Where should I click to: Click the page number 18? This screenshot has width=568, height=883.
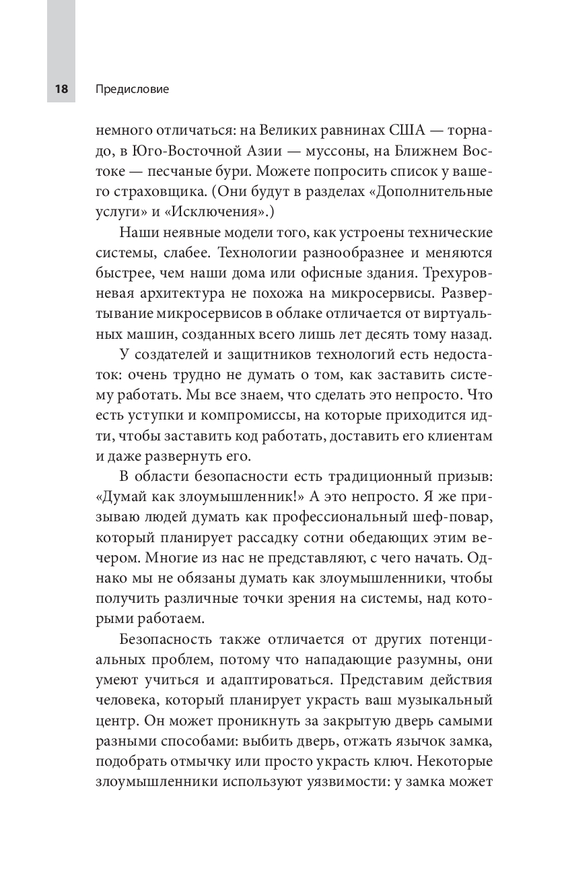(61, 89)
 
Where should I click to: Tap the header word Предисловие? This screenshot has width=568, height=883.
(132, 89)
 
